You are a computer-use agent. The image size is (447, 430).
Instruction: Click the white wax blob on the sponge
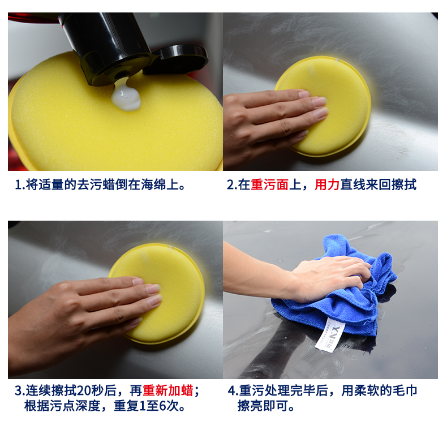tap(126, 96)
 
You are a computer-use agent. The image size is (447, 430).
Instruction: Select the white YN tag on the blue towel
tap(330, 335)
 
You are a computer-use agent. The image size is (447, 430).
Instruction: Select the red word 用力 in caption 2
tap(327, 185)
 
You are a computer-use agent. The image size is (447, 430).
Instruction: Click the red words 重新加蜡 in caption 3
tap(168, 390)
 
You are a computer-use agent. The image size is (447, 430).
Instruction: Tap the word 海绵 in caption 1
tap(154, 185)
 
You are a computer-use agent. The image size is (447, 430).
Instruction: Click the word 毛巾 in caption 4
tap(405, 390)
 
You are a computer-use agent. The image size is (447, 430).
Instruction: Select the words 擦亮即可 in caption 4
tap(263, 406)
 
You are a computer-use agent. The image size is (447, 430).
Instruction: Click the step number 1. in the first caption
tap(20, 185)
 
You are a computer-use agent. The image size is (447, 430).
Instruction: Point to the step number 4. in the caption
tap(233, 390)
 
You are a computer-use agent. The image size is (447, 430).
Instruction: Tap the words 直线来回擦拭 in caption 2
tap(379, 185)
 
